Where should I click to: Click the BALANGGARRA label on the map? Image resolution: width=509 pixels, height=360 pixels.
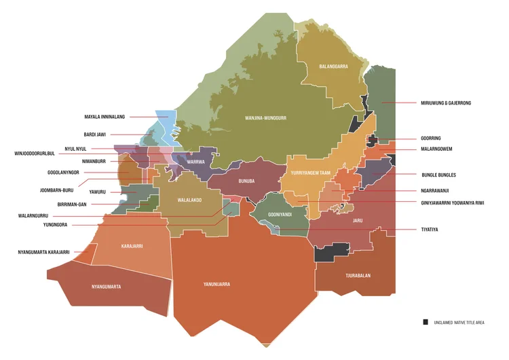[333, 67]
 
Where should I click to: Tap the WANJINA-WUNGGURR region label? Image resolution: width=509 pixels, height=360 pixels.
[265, 118]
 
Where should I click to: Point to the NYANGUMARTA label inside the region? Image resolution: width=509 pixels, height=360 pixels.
[106, 287]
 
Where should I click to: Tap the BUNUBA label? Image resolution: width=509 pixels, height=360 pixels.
[246, 181]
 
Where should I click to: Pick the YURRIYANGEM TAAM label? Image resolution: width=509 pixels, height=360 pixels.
[310, 173]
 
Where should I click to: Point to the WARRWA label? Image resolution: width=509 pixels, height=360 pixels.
[195, 162]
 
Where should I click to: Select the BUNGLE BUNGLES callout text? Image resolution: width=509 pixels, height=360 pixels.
[438, 175]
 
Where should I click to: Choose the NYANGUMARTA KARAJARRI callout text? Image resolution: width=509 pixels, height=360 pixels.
[43, 252]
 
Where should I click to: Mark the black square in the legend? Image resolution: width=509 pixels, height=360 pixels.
[426, 321]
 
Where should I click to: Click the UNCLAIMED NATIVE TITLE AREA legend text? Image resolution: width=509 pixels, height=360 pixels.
[459, 322]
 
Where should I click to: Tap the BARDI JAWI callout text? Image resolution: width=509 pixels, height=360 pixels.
[95, 134]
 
